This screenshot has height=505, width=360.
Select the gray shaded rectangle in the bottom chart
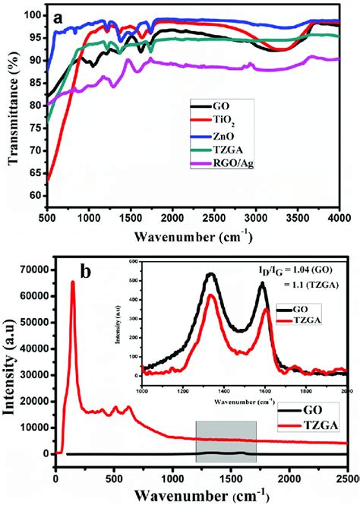coord(226,441)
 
